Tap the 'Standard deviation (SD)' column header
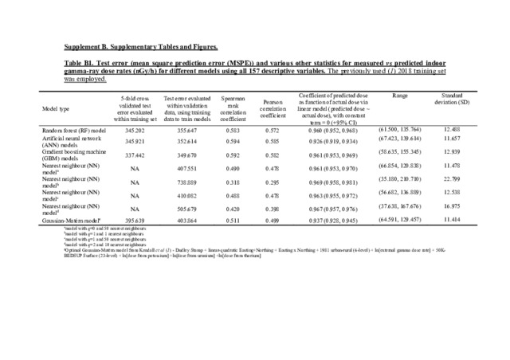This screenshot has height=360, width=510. [x=452, y=100]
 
